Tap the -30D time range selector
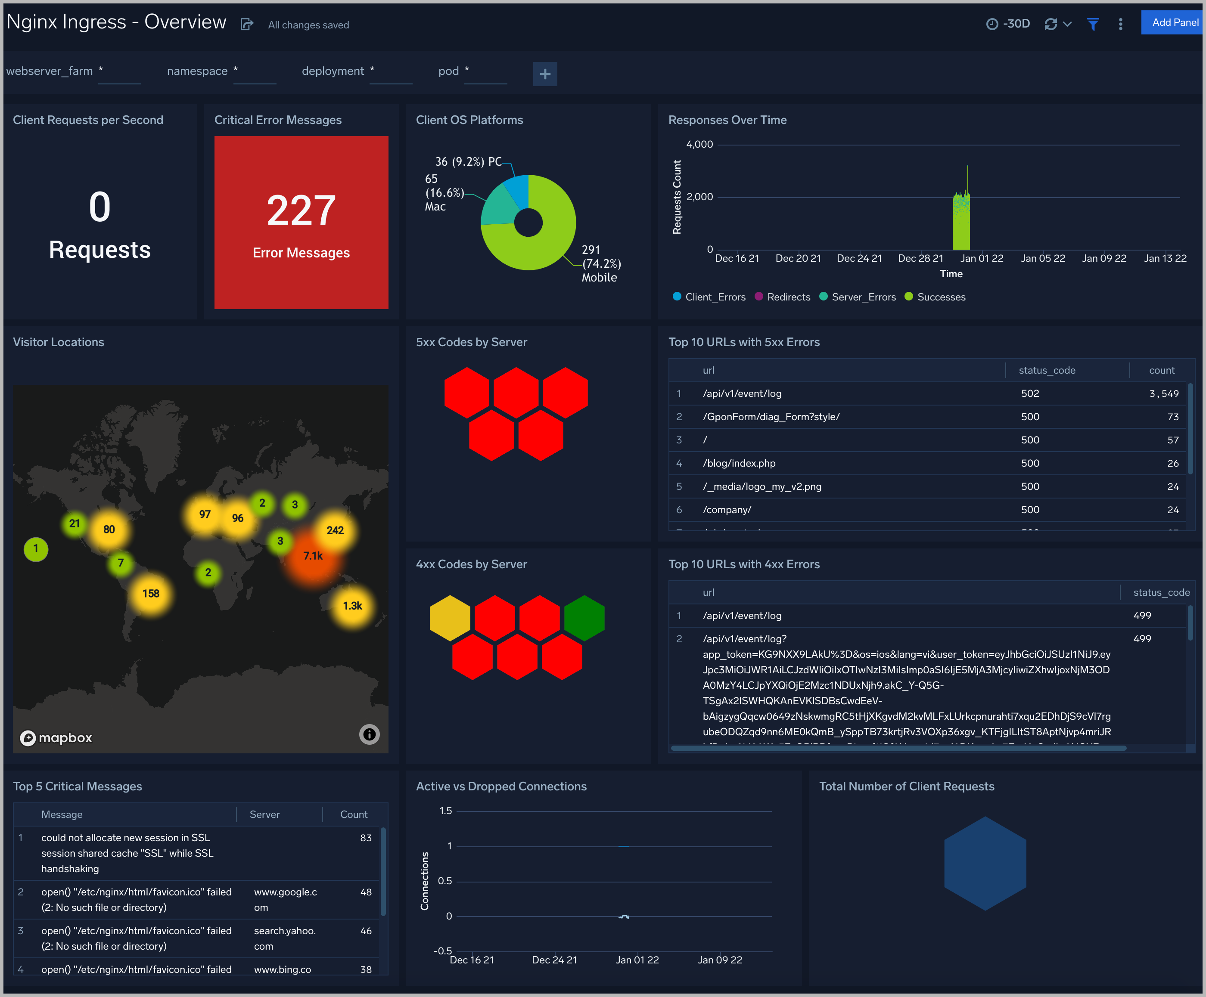pos(1008,24)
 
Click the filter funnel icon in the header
pos(1093,24)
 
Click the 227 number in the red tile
pos(301,210)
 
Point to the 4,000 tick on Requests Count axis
pos(699,145)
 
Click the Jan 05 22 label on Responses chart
pos(1042,258)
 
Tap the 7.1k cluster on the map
pos(313,556)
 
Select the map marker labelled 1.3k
pos(352,606)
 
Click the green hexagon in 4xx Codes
pos(584,618)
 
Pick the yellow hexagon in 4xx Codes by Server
pos(450,618)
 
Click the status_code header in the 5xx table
pos(1046,370)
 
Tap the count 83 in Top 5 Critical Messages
pos(366,838)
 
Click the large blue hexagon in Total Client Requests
pos(985,863)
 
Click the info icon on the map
pos(369,734)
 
